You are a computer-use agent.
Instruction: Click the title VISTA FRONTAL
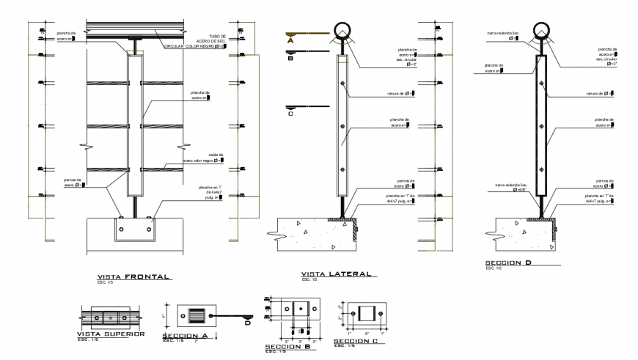[128, 277]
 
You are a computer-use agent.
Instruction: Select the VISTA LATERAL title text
[337, 273]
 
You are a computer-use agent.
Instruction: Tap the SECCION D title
[512, 262]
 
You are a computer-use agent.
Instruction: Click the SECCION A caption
[188, 337]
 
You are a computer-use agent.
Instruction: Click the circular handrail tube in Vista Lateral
[342, 30]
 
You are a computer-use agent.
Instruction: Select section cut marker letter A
[290, 42]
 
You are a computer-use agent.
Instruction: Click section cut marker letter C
[290, 114]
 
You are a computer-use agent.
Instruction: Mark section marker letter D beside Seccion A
[247, 322]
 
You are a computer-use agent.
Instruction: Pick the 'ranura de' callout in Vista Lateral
[400, 93]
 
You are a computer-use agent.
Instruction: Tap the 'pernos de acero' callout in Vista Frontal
[76, 183]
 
